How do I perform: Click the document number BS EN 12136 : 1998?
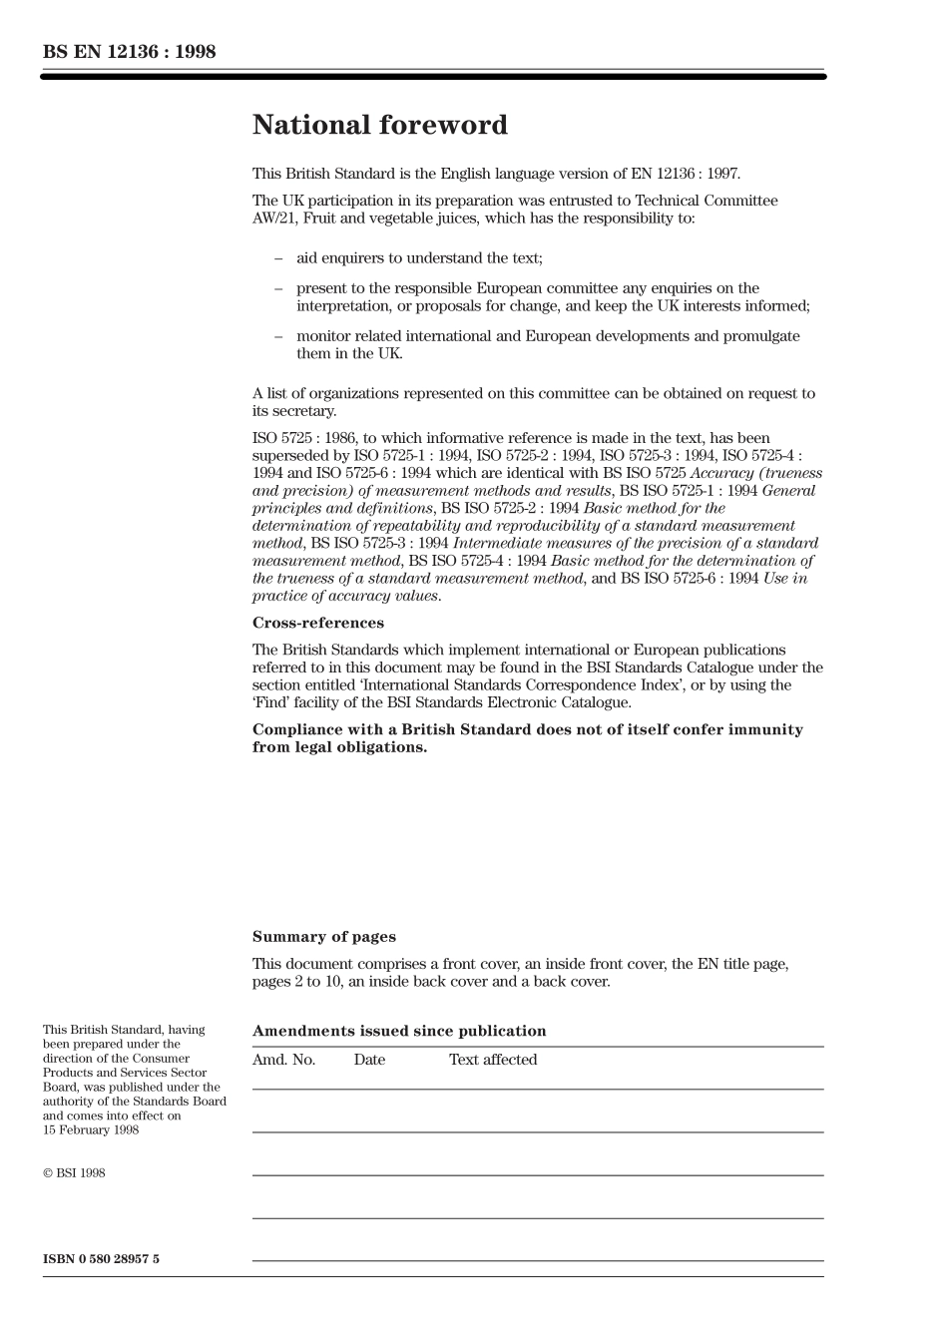(x=129, y=52)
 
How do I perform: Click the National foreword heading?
(x=380, y=126)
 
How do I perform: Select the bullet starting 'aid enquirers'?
(x=419, y=258)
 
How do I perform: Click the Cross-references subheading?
(x=317, y=624)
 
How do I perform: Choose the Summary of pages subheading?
(x=323, y=937)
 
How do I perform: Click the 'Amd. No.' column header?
(x=283, y=1060)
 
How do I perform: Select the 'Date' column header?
(x=369, y=1060)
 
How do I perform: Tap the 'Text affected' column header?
(x=493, y=1060)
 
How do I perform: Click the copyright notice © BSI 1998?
(x=74, y=1173)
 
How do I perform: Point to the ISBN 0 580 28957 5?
(x=101, y=1259)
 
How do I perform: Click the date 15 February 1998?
(x=91, y=1130)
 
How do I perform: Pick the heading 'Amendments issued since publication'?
(x=399, y=1032)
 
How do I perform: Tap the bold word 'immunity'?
(x=766, y=730)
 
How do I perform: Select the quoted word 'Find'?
(x=273, y=703)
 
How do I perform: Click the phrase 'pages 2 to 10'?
(x=297, y=982)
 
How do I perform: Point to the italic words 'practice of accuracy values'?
(x=345, y=596)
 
